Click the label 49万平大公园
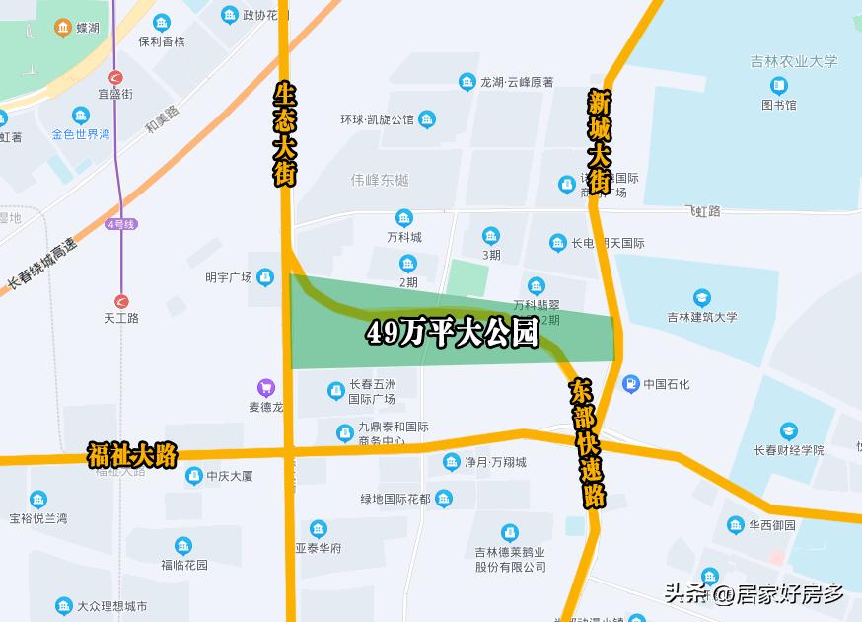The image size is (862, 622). tap(453, 334)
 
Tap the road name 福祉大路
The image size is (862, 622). tap(132, 455)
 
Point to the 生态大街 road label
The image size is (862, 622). tap(284, 133)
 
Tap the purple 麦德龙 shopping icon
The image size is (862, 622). tap(265, 387)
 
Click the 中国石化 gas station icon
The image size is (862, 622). tap(630, 383)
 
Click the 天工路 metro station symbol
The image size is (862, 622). tap(121, 301)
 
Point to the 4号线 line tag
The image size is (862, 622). tap(122, 225)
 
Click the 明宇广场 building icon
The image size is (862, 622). tap(264, 277)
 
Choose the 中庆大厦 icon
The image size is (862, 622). tap(194, 476)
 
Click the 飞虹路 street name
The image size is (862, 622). tap(702, 211)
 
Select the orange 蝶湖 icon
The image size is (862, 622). tap(62, 28)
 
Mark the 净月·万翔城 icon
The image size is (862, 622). tap(451, 461)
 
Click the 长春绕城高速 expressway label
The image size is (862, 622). tap(42, 265)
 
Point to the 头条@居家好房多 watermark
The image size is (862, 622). tap(754, 594)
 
